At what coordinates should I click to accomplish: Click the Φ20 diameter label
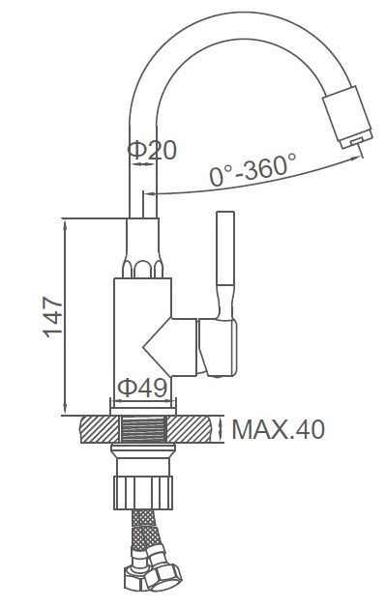pyautogui.click(x=152, y=150)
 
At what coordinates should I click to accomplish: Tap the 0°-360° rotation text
pyautogui.click(x=252, y=169)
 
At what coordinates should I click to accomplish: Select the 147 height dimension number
pyautogui.click(x=52, y=317)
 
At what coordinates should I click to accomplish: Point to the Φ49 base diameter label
pyautogui.click(x=142, y=387)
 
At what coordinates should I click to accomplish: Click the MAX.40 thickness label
pyautogui.click(x=278, y=429)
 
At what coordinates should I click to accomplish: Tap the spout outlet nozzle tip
pyautogui.click(x=356, y=141)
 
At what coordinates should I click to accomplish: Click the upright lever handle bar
pyautogui.click(x=225, y=248)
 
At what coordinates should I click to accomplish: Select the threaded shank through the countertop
pyautogui.click(x=143, y=429)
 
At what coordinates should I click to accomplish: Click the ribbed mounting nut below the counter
pyautogui.click(x=143, y=492)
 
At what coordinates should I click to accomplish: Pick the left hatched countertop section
pyautogui.click(x=100, y=429)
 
